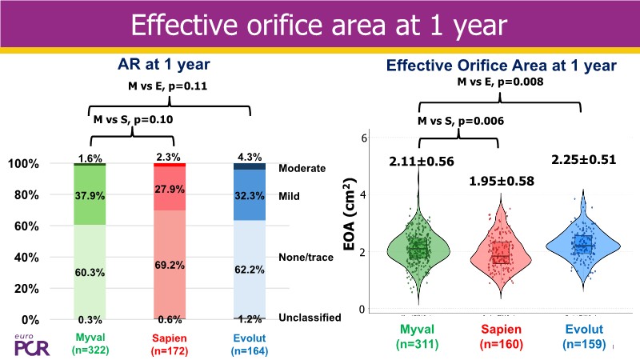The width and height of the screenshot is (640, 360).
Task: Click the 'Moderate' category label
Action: [x=302, y=169]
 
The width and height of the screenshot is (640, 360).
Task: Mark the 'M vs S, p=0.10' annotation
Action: [x=132, y=120]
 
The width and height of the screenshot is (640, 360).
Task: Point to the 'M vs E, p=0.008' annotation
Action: [x=500, y=82]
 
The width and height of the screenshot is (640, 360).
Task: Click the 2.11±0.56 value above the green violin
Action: [x=422, y=162]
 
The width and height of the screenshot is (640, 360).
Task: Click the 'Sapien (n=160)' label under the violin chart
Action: [x=501, y=338]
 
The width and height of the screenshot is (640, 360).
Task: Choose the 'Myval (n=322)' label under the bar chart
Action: [x=89, y=342]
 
